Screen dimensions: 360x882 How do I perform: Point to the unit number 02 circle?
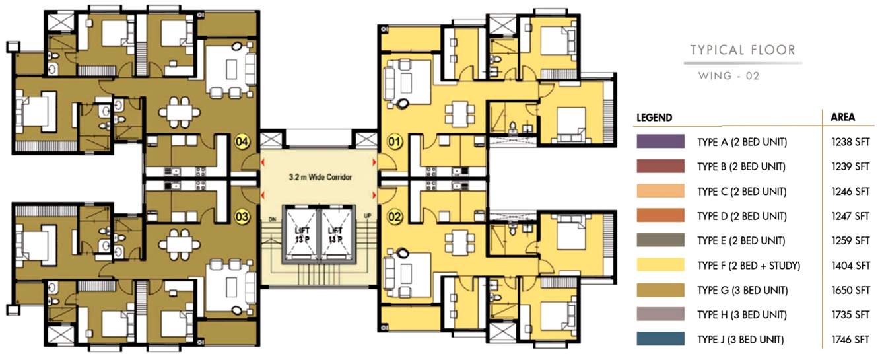[394, 215]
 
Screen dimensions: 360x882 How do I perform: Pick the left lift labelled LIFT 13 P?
[300, 234]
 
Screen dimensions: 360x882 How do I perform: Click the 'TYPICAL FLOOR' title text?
[743, 50]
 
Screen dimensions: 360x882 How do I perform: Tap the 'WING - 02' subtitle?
[729, 76]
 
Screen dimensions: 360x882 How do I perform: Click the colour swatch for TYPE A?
[660, 142]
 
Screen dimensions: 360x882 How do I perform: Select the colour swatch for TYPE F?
[660, 266]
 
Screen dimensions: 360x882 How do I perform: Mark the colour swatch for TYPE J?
[660, 340]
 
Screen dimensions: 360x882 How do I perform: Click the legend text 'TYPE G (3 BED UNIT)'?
[741, 291]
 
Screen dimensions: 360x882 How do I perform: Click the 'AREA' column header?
[842, 117]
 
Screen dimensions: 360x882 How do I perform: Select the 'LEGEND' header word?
[654, 118]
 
